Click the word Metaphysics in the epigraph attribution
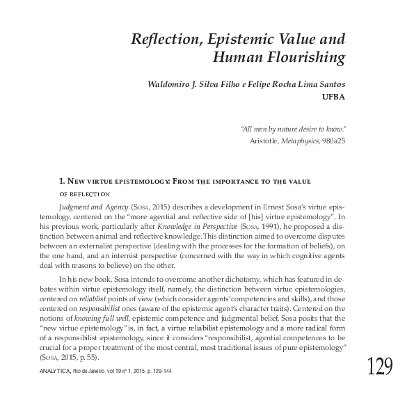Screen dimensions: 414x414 pyautogui.click(x=298, y=140)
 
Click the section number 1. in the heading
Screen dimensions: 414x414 pyautogui.click(x=63, y=181)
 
